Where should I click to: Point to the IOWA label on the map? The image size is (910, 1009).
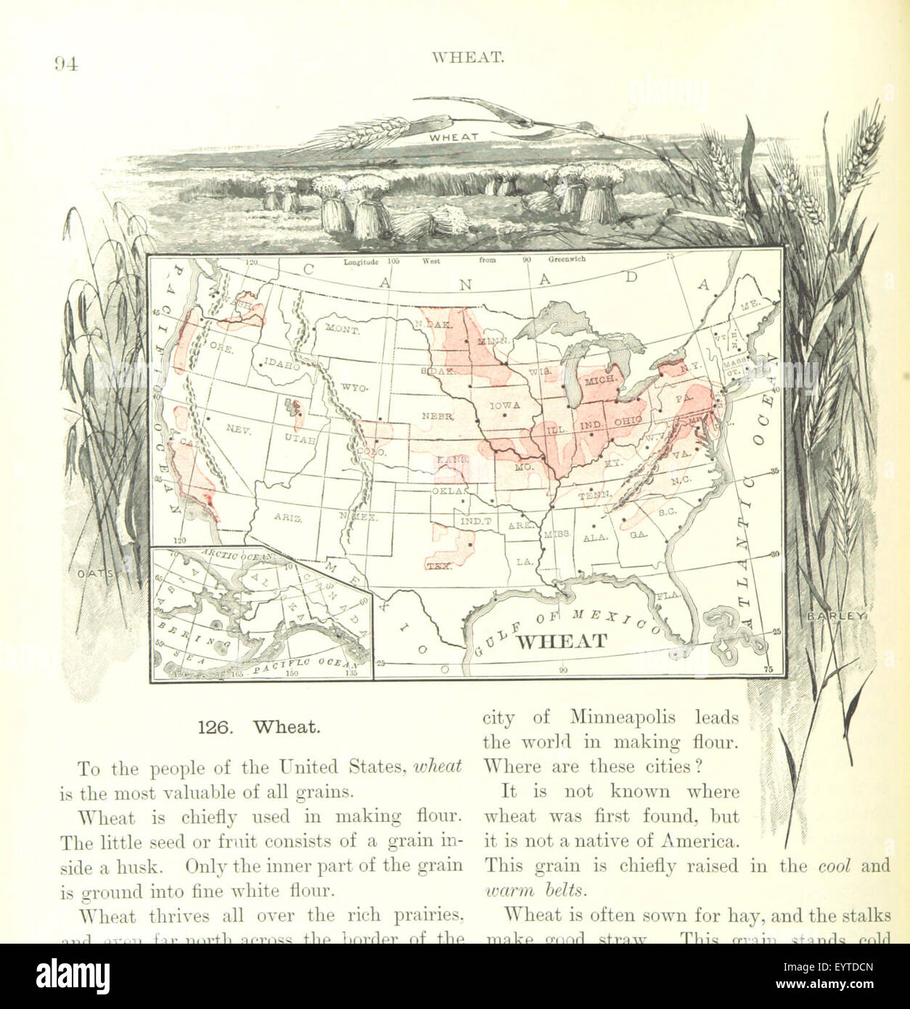click(505, 406)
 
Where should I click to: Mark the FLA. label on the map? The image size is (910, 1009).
click(666, 595)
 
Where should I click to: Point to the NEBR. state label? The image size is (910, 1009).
click(438, 416)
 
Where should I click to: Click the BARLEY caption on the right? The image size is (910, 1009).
click(837, 616)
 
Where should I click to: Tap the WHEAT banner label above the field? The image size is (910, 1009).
click(454, 136)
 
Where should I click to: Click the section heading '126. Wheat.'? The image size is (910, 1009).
click(259, 727)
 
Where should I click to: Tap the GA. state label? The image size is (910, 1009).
click(639, 534)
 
